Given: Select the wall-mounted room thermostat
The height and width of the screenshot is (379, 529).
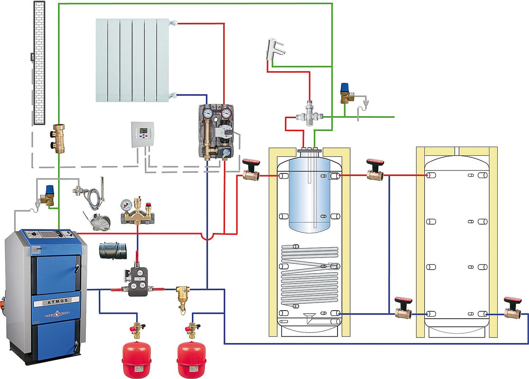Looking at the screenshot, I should pos(143,134).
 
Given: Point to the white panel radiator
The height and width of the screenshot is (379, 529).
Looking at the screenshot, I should pos(132,60).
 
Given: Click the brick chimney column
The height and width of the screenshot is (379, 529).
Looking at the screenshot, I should pos(39,62).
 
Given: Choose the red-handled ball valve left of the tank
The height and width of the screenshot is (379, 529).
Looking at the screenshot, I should pos(251,170).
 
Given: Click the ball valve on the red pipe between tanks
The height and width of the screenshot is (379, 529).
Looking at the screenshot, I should pos(375,170).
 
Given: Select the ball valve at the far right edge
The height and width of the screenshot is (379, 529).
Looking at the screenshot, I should pos(513,308).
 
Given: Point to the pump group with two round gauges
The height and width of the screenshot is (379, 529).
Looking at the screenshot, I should pos(217,132).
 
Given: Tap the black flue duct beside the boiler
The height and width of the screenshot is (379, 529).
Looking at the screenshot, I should pos(113,250).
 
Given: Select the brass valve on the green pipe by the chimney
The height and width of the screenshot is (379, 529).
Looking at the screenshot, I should pos(59,138).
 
